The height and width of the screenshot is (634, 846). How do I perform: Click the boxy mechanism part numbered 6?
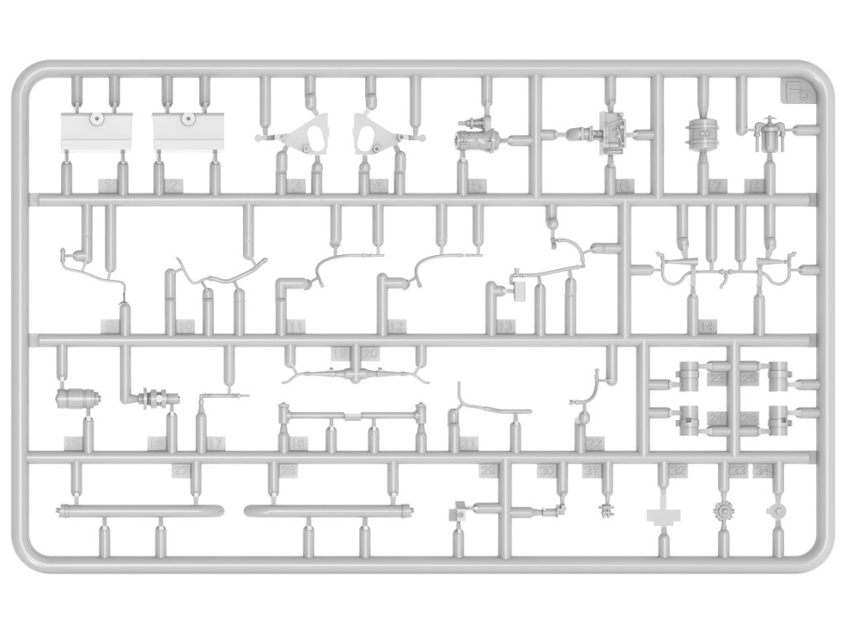tap(611, 132)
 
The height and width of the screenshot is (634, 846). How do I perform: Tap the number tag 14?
tap(706, 327)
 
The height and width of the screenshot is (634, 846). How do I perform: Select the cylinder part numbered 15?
tap(76, 400)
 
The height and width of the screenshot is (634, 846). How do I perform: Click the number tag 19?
tap(340, 353)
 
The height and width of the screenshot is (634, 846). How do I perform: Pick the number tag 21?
tap(471, 445)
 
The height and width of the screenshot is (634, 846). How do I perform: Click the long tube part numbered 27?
tap(139, 509)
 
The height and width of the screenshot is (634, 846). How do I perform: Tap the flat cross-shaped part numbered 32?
tap(664, 515)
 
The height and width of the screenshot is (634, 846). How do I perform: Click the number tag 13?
tap(506, 327)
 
